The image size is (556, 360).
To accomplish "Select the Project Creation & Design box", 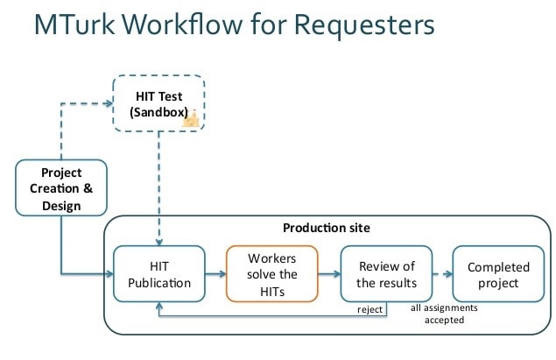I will (61, 187).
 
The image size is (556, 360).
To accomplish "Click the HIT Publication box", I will (158, 274).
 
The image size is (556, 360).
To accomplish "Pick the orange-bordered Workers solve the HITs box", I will (271, 274).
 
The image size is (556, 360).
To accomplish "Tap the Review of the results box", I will (385, 274).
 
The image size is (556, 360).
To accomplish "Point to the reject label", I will (369, 309).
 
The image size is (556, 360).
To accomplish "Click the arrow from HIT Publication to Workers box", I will (215, 274).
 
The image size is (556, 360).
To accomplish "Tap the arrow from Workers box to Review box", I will (329, 274).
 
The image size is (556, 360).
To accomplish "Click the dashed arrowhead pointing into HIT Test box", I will (108, 103).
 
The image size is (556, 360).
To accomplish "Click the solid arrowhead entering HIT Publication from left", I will (109, 274).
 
